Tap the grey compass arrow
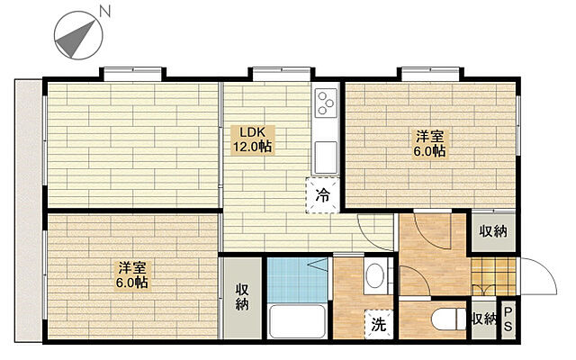tap(76, 38)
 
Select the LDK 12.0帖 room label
tap(252, 139)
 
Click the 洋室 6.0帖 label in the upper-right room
tap(430, 144)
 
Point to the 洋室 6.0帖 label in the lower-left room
tap(132, 274)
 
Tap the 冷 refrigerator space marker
tap(323, 195)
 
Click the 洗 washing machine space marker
tap(379, 324)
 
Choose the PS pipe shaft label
tap(508, 319)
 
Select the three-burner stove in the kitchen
tap(326, 103)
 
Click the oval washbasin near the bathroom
tap(375, 276)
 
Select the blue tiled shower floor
tap(297, 280)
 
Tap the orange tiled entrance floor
tap(493, 276)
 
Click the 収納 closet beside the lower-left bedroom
tap(242, 298)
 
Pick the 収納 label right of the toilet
tap(484, 319)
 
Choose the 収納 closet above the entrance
tap(493, 232)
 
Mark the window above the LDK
tap(282, 74)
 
